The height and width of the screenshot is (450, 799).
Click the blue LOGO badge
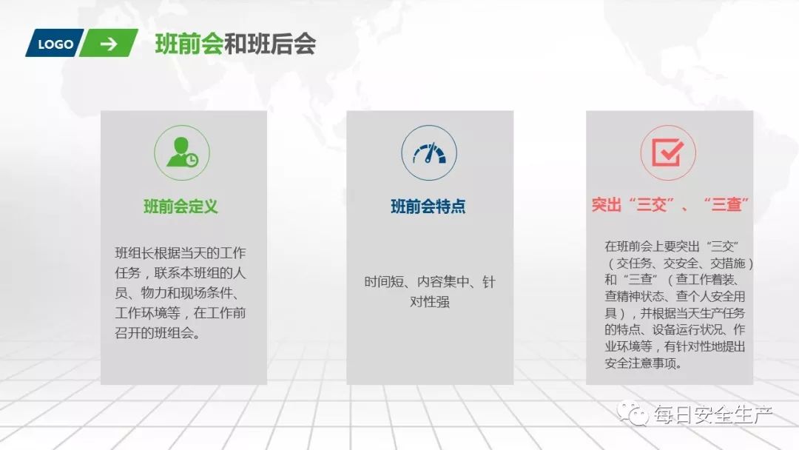click(55, 44)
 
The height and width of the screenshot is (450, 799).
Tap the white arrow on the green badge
click(109, 44)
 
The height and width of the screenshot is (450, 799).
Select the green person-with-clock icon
click(182, 152)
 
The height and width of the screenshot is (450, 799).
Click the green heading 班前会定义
click(181, 206)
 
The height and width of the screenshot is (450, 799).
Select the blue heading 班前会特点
click(428, 206)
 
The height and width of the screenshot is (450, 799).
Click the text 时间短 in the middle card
click(382, 282)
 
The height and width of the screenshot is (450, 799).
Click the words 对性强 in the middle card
click(429, 302)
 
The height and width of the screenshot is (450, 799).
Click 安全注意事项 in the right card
click(643, 363)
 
